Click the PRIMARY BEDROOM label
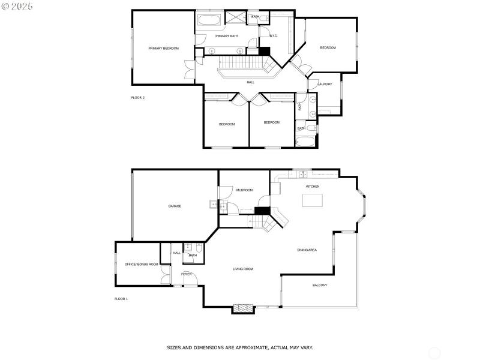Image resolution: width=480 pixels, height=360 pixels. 164,48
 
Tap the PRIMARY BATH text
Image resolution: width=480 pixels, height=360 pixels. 227,36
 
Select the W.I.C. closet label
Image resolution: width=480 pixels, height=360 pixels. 273,36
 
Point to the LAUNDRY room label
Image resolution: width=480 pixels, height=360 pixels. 325,84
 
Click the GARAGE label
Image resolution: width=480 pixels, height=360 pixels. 175,206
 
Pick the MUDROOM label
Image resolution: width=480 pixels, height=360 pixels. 244,190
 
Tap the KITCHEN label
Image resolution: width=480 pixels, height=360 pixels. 313,187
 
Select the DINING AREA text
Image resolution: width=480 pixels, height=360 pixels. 307,250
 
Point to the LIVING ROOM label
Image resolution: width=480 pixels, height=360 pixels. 243,269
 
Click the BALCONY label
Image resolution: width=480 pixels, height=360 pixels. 320,285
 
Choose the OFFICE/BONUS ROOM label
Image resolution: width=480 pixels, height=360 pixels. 141,264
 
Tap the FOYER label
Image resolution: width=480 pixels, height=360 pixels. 187,274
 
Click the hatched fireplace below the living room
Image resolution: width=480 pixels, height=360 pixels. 242,308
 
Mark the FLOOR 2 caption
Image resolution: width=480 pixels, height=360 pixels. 138,97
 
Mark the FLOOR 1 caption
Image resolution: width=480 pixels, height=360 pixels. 121,298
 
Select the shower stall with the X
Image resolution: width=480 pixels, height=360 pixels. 233,17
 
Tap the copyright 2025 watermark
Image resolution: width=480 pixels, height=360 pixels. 17,6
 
